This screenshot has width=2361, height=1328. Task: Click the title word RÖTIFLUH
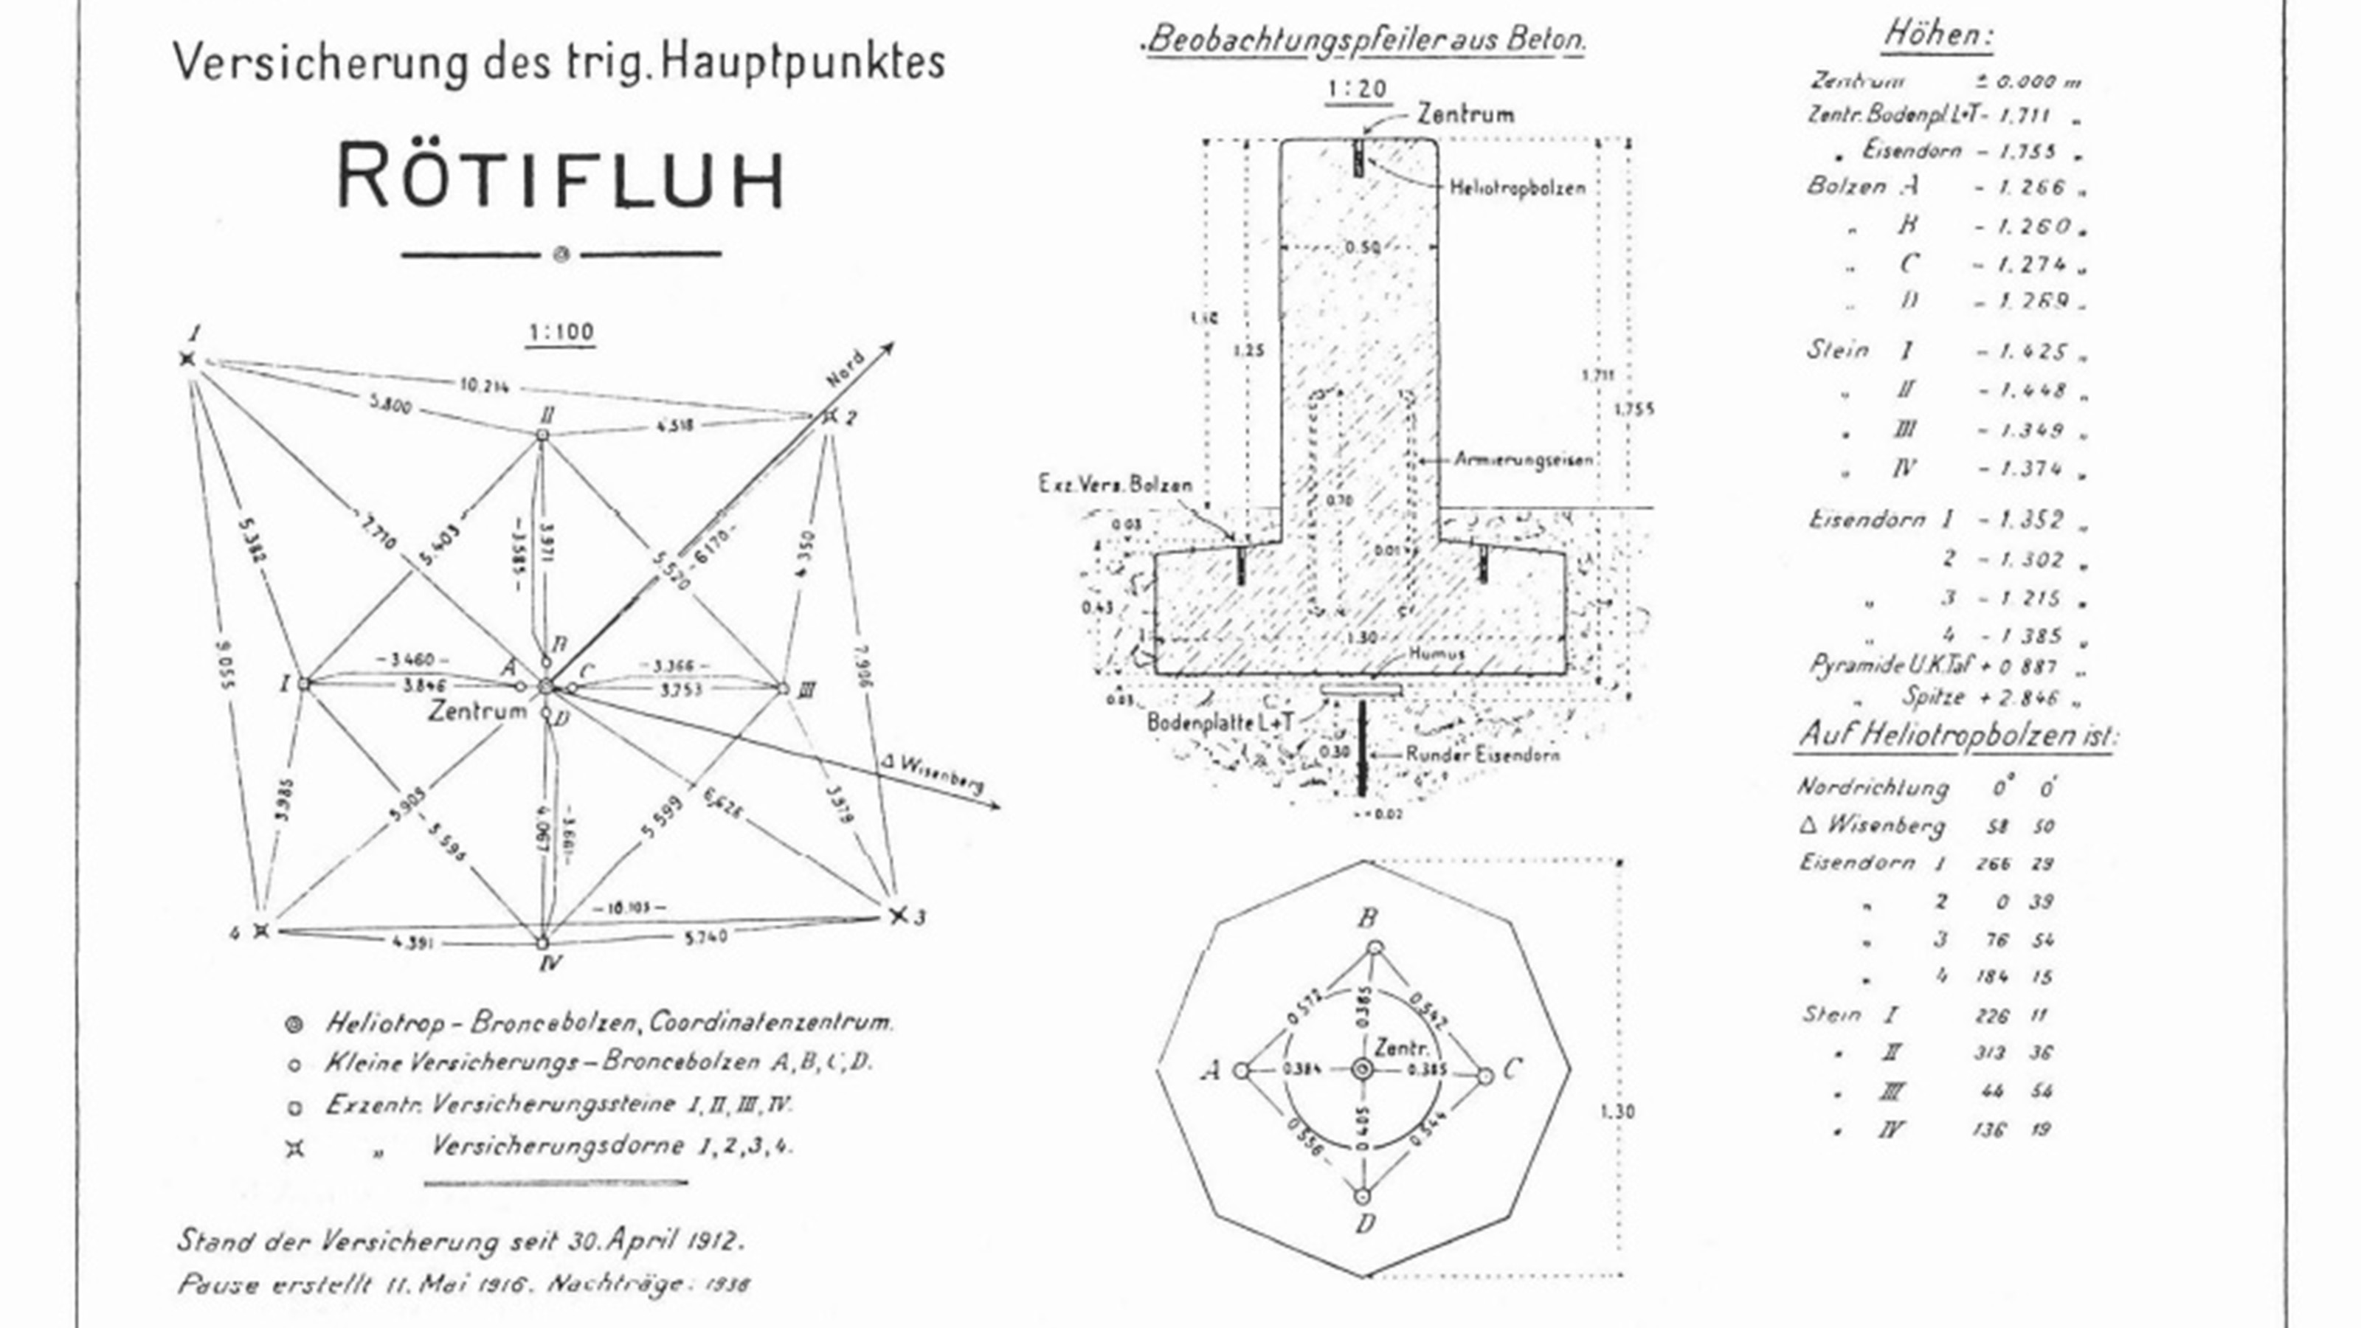tap(561, 176)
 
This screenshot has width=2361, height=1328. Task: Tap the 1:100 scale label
tap(561, 332)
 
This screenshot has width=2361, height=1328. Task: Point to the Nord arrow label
tap(845, 367)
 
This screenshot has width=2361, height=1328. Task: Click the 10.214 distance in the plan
tap(483, 385)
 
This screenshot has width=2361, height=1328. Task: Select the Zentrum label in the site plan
tap(477, 711)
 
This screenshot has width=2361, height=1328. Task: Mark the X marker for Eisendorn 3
tap(898, 915)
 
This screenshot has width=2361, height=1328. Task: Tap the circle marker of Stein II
tap(542, 435)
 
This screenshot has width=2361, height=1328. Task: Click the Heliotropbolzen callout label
tap(1517, 188)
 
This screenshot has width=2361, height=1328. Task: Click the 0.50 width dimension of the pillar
tap(1363, 247)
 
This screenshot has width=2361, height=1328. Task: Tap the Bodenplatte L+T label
tap(1220, 722)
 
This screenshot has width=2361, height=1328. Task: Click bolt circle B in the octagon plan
tap(1375, 949)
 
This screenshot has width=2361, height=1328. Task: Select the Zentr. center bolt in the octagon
tap(1362, 1070)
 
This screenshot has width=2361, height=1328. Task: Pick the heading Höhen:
tap(1937, 35)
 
